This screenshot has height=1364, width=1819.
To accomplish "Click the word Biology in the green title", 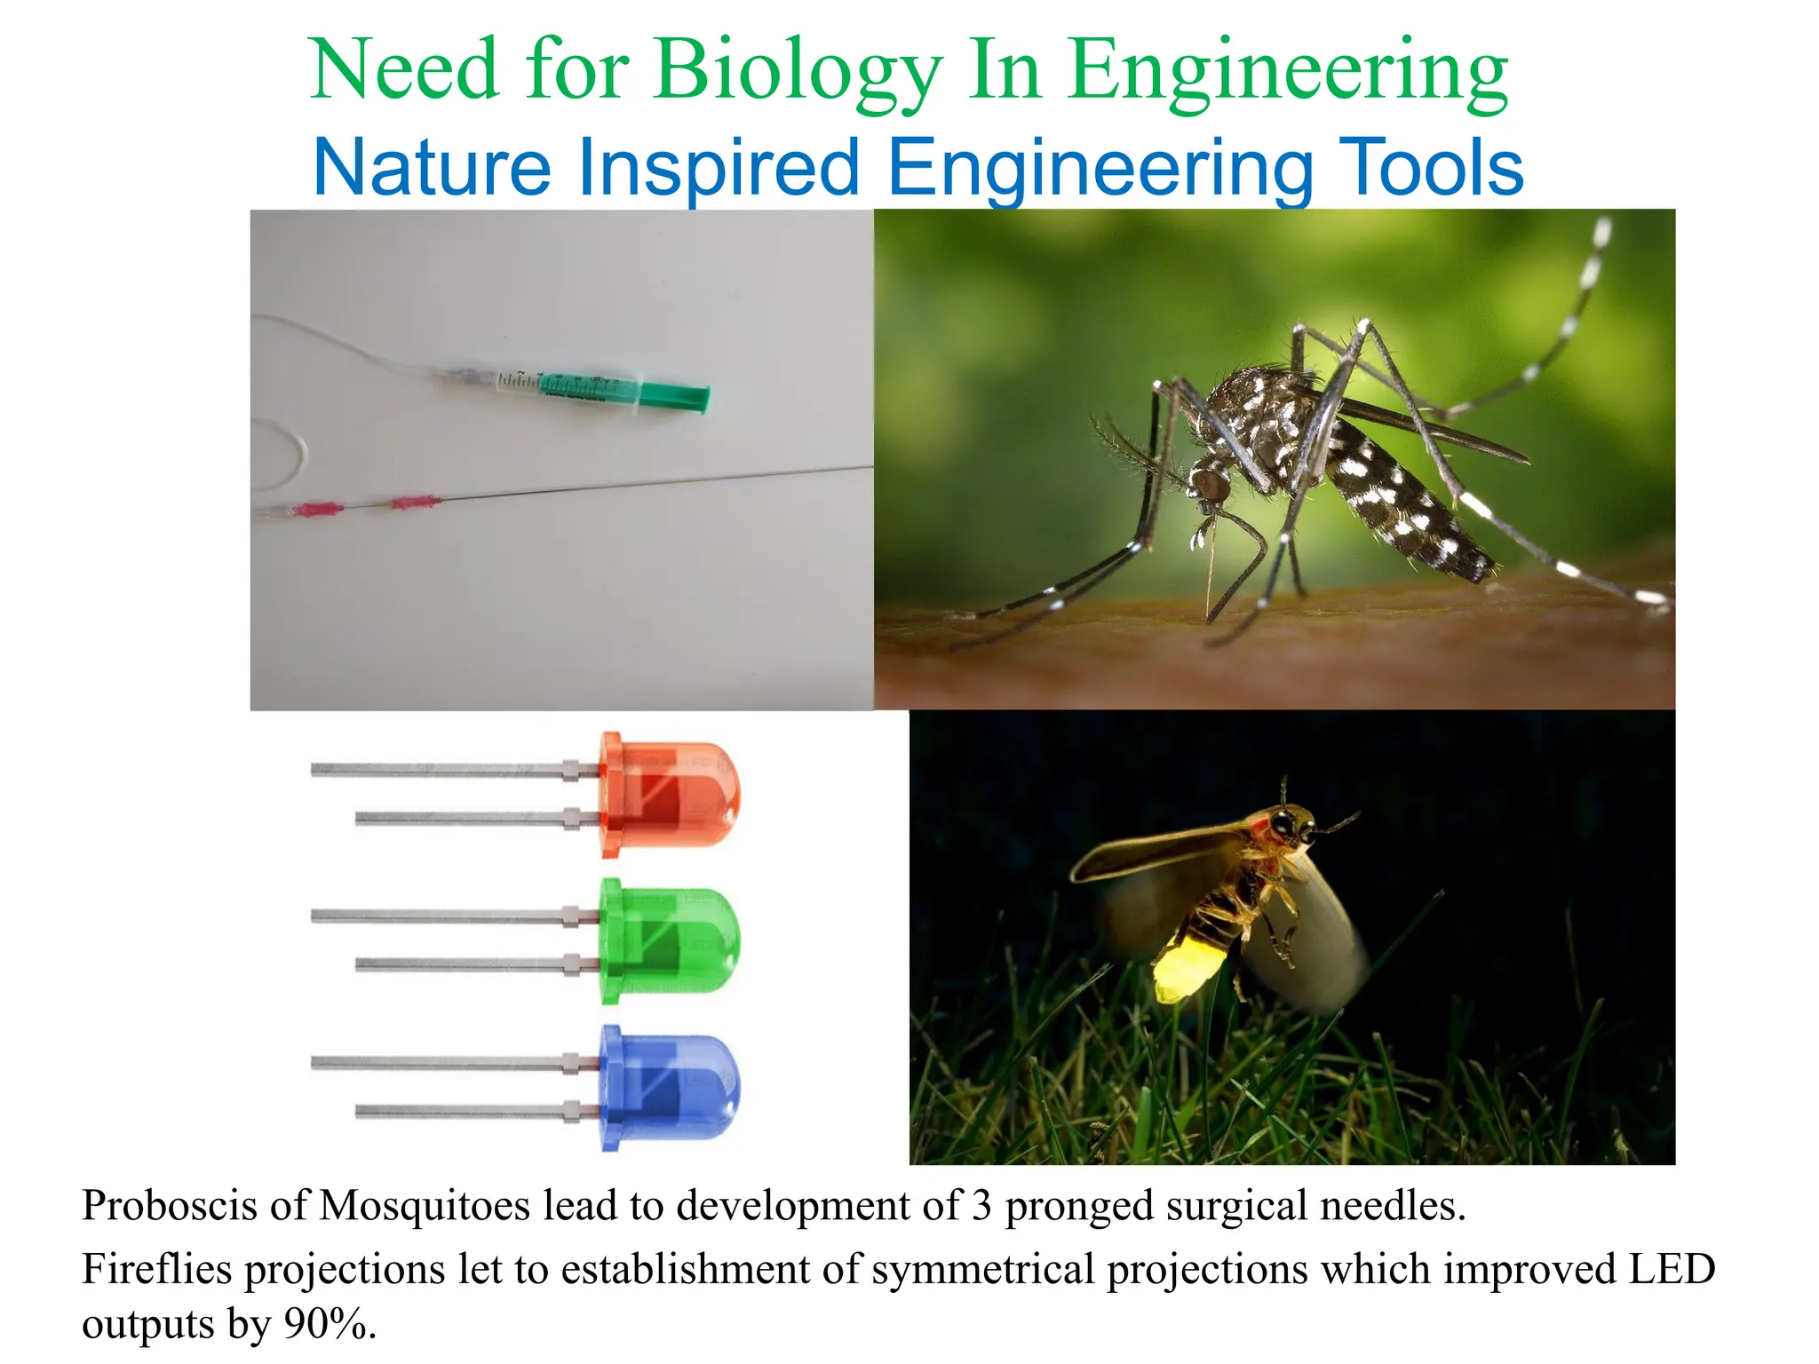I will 797,71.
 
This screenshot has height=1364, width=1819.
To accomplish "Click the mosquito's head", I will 1211,485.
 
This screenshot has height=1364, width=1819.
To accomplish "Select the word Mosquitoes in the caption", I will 424,1206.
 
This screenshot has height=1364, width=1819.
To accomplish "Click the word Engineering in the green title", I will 1287,71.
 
